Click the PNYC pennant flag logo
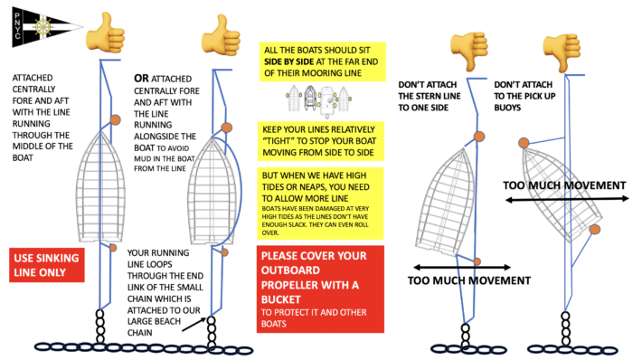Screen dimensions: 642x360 (45, 27)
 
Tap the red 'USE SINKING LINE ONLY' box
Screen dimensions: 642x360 (47, 265)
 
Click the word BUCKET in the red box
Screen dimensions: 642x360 (281, 299)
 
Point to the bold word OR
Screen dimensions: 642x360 (141, 78)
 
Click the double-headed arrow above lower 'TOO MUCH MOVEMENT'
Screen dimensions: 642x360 (462, 268)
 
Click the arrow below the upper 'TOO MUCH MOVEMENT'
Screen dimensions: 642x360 (567, 199)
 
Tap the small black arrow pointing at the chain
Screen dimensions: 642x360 (194, 324)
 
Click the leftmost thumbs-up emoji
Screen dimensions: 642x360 (105, 33)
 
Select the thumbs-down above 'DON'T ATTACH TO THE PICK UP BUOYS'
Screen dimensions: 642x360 (562, 52)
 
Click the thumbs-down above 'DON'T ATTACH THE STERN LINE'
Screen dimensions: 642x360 (469, 51)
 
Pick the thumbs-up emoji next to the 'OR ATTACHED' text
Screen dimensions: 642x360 (222, 35)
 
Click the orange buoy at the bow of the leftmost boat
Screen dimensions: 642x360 (116, 120)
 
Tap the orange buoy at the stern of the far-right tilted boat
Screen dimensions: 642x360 (595, 230)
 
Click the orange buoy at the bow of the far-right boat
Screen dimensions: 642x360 (524, 143)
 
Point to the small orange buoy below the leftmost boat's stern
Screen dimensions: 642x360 (113, 248)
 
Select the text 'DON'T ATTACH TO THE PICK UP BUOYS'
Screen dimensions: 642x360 (524, 96)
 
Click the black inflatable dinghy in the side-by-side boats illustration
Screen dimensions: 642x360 (310, 98)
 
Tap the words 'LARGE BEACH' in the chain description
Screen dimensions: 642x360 (154, 321)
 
